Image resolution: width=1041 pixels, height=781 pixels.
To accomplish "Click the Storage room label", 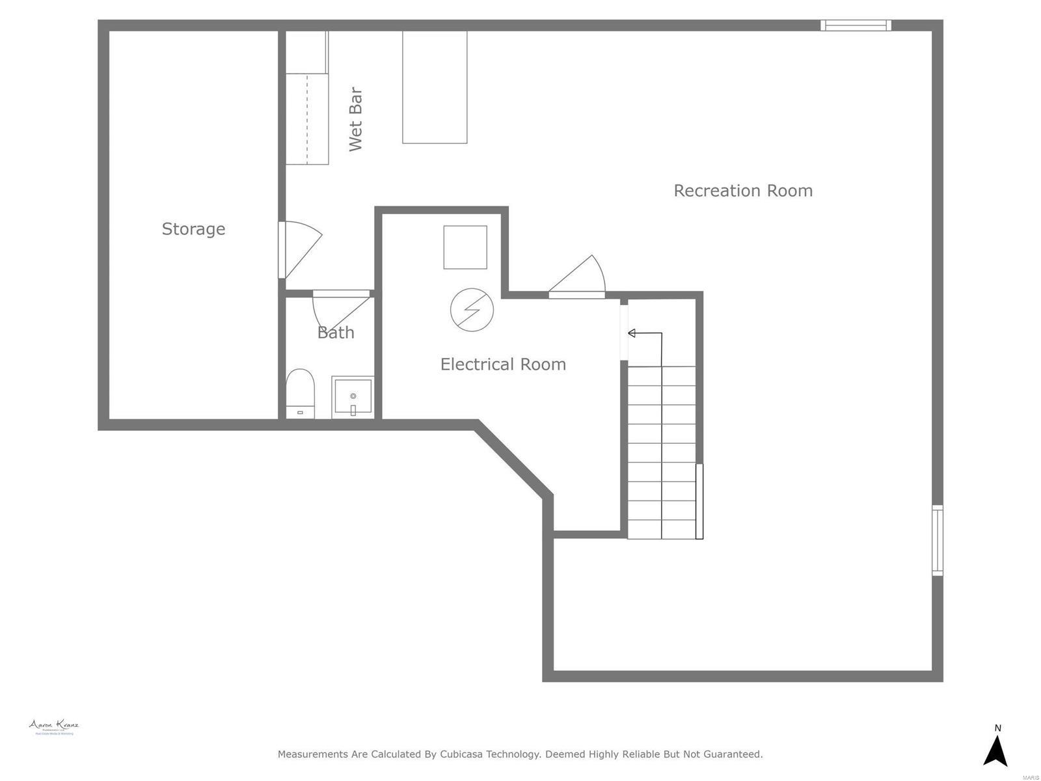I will tap(193, 228).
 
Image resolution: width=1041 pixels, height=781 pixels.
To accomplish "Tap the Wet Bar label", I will tap(355, 119).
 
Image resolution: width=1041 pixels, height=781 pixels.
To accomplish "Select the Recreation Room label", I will tap(743, 191).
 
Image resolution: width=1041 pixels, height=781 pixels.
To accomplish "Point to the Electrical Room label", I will tap(503, 364).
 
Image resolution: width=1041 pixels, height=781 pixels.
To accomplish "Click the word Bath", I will tap(336, 333).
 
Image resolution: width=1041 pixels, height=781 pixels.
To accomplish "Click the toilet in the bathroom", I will tap(300, 393).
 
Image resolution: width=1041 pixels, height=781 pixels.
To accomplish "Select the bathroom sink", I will tap(353, 396).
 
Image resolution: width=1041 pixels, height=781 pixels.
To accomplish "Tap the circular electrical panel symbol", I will tap(472, 310).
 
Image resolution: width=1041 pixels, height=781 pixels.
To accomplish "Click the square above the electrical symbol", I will tap(465, 247).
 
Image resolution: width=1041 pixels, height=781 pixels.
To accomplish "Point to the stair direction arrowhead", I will tap(631, 333).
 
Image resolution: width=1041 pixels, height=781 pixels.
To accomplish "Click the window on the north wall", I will tap(855, 25).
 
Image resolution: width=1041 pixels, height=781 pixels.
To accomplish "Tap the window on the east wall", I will tap(937, 540).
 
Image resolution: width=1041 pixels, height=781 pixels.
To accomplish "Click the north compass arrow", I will tap(995, 751).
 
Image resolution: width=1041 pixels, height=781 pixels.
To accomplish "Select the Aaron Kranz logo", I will tap(54, 727).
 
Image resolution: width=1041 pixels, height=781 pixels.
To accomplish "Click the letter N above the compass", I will tap(997, 728).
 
